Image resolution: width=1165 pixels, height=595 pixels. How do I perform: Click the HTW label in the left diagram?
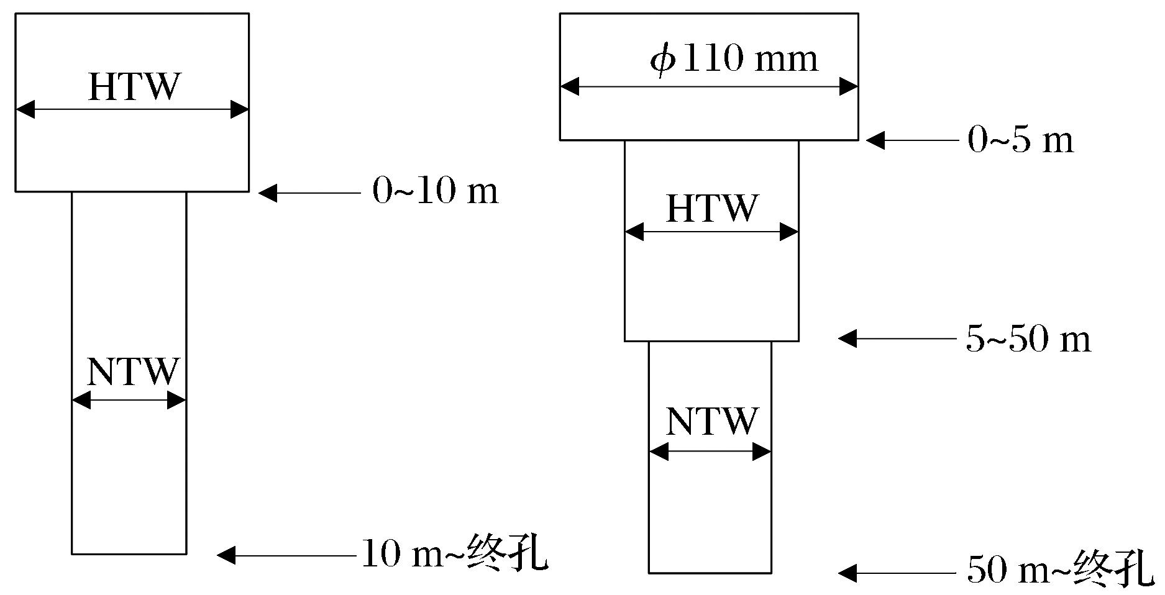[134, 87]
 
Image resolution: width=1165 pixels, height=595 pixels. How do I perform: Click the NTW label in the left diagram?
[132, 372]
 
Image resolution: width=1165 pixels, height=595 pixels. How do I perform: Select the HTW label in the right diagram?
[712, 209]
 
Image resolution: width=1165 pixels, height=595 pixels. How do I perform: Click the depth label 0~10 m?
[435, 191]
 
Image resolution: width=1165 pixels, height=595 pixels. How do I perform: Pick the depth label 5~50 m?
[1028, 339]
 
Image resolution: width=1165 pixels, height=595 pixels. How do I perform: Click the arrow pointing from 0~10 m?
[309, 193]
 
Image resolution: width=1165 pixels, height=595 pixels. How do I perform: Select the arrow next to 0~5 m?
[912, 141]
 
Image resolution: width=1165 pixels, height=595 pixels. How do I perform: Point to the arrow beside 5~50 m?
[897, 338]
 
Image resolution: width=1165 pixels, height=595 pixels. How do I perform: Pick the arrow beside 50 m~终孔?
[897, 573]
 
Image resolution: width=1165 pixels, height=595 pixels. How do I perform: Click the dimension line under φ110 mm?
[709, 87]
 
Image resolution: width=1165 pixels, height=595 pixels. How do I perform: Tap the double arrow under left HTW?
[132, 110]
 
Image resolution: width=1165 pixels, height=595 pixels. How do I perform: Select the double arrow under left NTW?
[129, 401]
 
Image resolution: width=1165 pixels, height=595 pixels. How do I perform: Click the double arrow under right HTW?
[711, 233]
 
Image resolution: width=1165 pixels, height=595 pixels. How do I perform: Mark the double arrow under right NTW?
[710, 452]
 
